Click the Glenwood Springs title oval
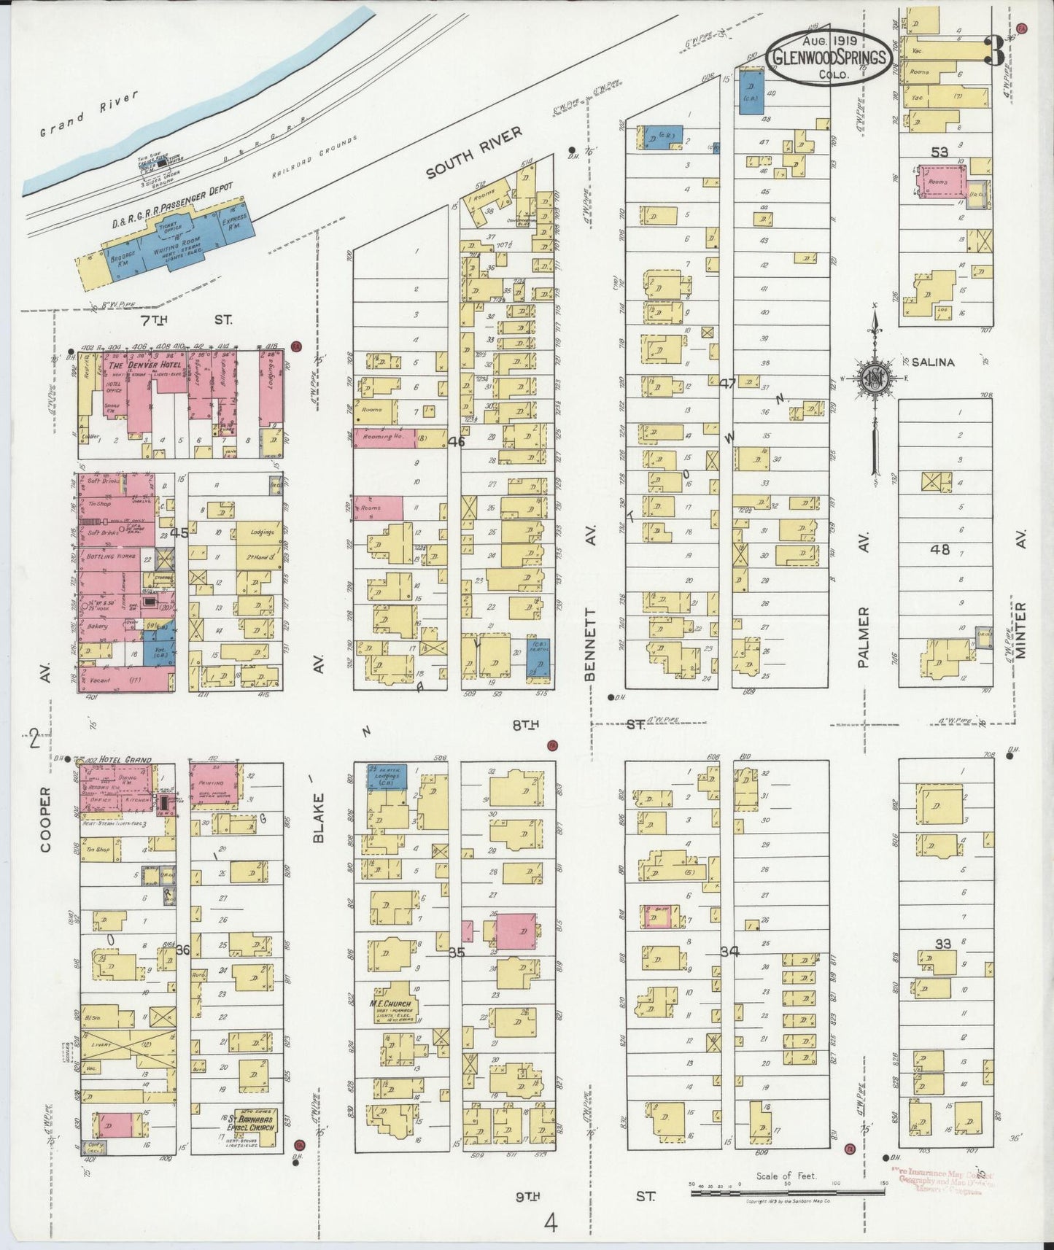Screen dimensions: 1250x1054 click(x=832, y=58)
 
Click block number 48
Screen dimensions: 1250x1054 click(x=940, y=549)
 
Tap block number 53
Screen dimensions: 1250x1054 click(x=939, y=152)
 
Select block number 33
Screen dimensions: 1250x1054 click(x=943, y=943)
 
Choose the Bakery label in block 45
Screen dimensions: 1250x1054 click(x=96, y=626)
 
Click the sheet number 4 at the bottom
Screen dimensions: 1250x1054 click(x=551, y=1221)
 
